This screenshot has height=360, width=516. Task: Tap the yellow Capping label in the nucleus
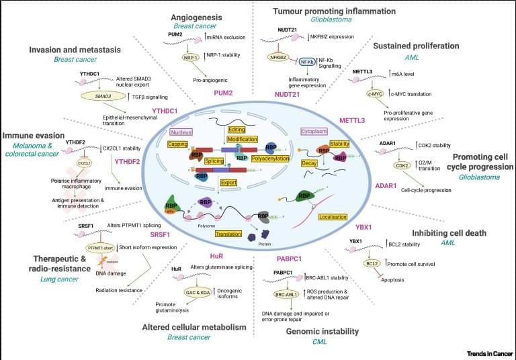click(178, 144)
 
